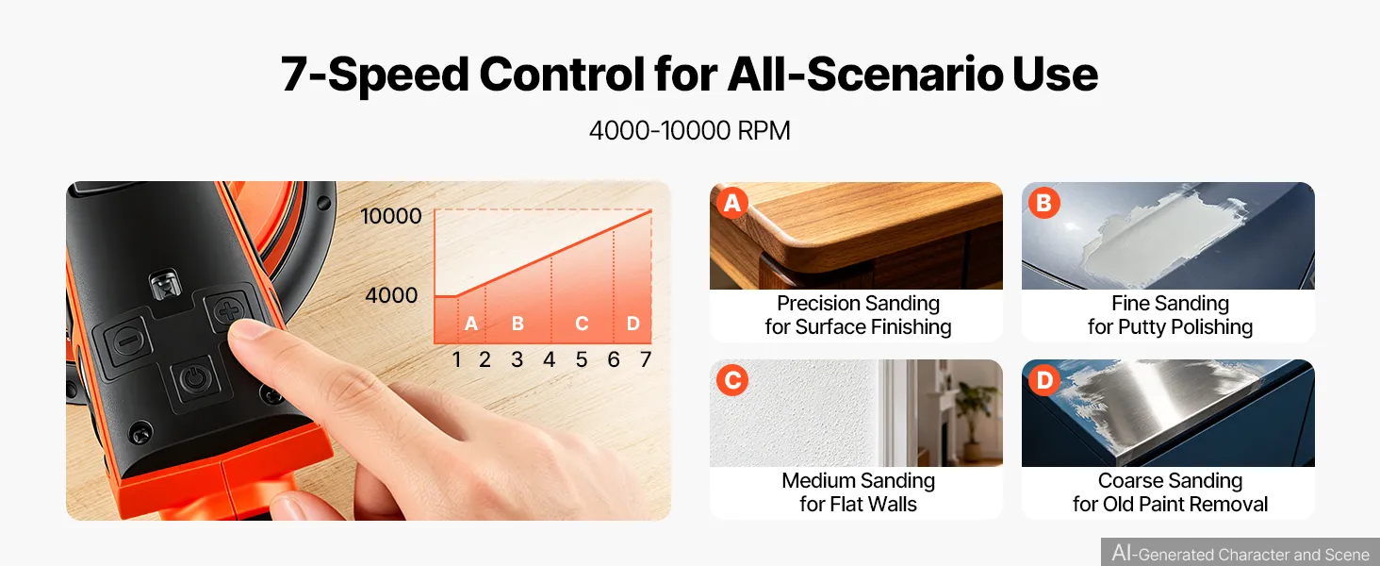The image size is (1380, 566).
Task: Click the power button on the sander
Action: (196, 377)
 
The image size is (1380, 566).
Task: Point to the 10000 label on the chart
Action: (390, 216)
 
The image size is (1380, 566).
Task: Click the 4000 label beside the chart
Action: (391, 294)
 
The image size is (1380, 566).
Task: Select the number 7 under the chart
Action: (645, 358)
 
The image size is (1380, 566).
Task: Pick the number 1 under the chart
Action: (456, 358)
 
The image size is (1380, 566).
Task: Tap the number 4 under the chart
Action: (549, 358)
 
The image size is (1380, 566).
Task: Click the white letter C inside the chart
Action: (582, 323)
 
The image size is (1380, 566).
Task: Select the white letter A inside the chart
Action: (471, 323)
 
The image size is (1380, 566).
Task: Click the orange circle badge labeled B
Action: (1043, 203)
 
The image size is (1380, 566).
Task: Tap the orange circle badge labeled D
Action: (1044, 380)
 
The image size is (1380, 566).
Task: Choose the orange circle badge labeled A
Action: (731, 203)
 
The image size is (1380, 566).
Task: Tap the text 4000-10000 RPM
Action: (689, 131)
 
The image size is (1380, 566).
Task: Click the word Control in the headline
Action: (561, 74)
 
